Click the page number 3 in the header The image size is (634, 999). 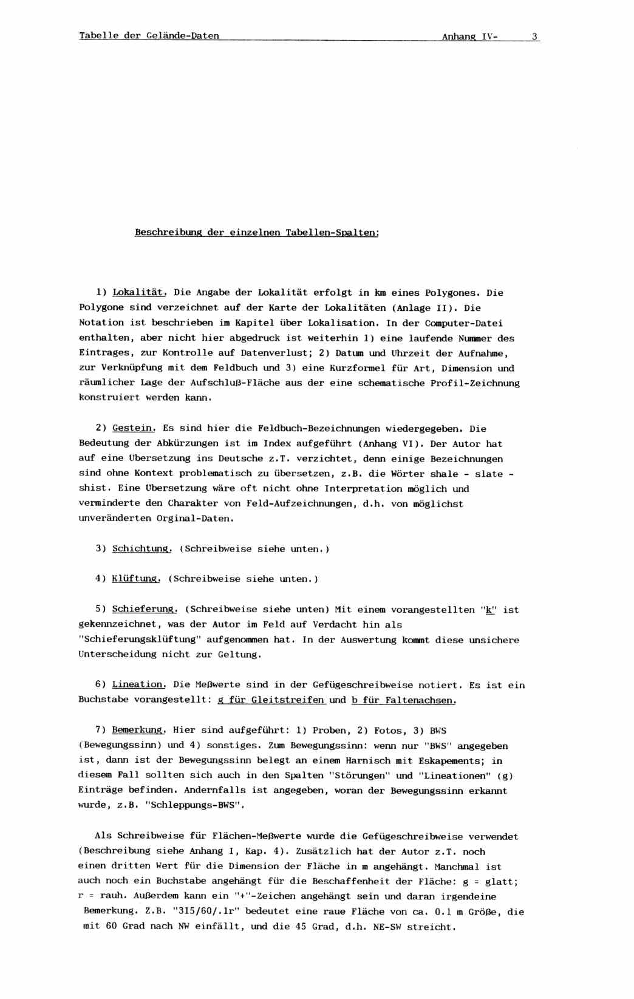[534, 36]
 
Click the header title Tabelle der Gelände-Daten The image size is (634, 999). [149, 36]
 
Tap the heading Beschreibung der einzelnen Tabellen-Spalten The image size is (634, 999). [257, 233]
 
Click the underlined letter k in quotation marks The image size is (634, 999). [489, 610]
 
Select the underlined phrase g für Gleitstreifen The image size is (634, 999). [271, 700]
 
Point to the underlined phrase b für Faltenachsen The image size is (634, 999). [404, 700]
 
